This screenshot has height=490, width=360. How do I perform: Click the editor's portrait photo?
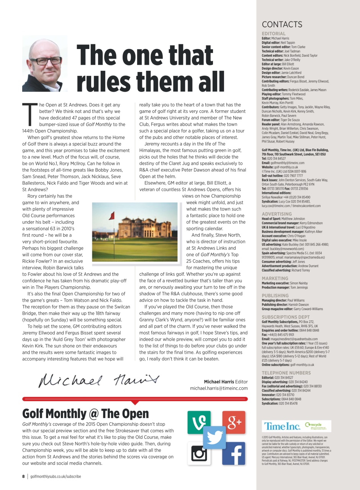[44, 64]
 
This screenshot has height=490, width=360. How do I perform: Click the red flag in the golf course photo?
[111, 216]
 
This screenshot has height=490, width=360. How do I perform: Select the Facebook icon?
[233, 453]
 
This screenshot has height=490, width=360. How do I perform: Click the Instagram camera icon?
[199, 453]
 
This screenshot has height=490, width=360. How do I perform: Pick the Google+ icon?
[233, 422]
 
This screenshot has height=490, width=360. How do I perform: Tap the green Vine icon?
[199, 422]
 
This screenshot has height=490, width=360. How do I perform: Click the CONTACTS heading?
[282, 24]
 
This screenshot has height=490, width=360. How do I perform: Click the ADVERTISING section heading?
[277, 214]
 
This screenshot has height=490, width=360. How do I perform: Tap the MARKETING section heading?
[275, 278]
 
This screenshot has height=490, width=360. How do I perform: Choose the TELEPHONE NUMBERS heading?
[286, 372]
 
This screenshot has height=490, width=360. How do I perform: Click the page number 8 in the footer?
[23, 477]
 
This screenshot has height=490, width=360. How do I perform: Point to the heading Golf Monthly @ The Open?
[85, 413]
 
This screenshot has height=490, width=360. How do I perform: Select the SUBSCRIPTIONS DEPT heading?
[286, 317]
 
